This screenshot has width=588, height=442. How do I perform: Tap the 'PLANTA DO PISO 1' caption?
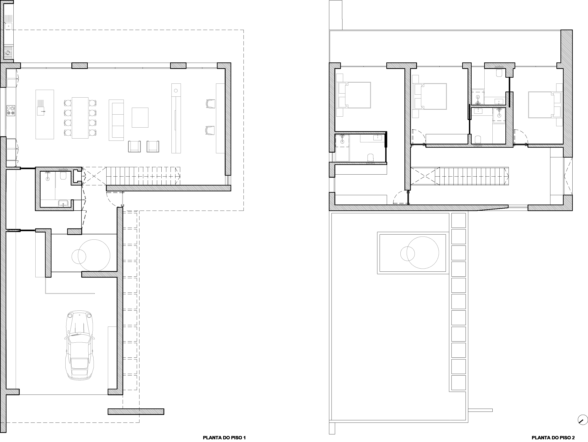point(224,438)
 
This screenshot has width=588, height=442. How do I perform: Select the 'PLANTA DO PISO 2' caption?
point(553,438)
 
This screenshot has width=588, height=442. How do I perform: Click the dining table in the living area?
point(80,118)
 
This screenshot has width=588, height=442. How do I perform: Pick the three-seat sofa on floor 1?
point(116,120)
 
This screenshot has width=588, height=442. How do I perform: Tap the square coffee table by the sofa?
point(140,117)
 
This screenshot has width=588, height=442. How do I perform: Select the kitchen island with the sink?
point(45,114)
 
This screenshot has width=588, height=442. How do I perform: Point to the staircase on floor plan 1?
point(143,176)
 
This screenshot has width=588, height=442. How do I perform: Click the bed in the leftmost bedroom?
point(354,95)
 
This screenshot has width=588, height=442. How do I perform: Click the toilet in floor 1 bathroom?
point(64,176)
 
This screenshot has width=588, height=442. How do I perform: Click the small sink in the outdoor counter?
point(9,26)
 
